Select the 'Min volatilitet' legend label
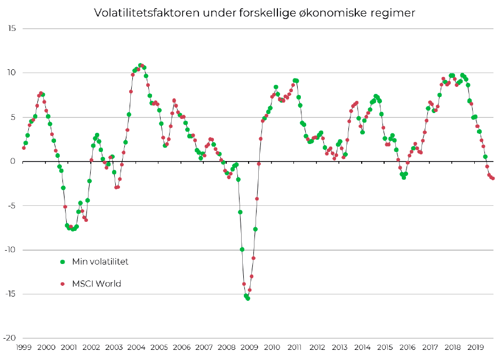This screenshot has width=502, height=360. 100,261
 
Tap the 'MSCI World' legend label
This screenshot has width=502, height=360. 97,284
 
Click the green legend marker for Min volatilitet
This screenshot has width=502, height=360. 62,261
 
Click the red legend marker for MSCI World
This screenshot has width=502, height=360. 62,284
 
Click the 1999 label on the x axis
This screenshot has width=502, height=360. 23,348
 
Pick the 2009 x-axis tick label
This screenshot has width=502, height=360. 250,348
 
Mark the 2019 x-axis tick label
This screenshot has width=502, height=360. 476,348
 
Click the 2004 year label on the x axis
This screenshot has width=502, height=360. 137,348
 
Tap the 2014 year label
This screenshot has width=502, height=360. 363,348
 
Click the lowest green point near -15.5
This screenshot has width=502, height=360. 248,298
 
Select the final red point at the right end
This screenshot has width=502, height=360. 493,178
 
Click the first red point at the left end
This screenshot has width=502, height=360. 23,148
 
